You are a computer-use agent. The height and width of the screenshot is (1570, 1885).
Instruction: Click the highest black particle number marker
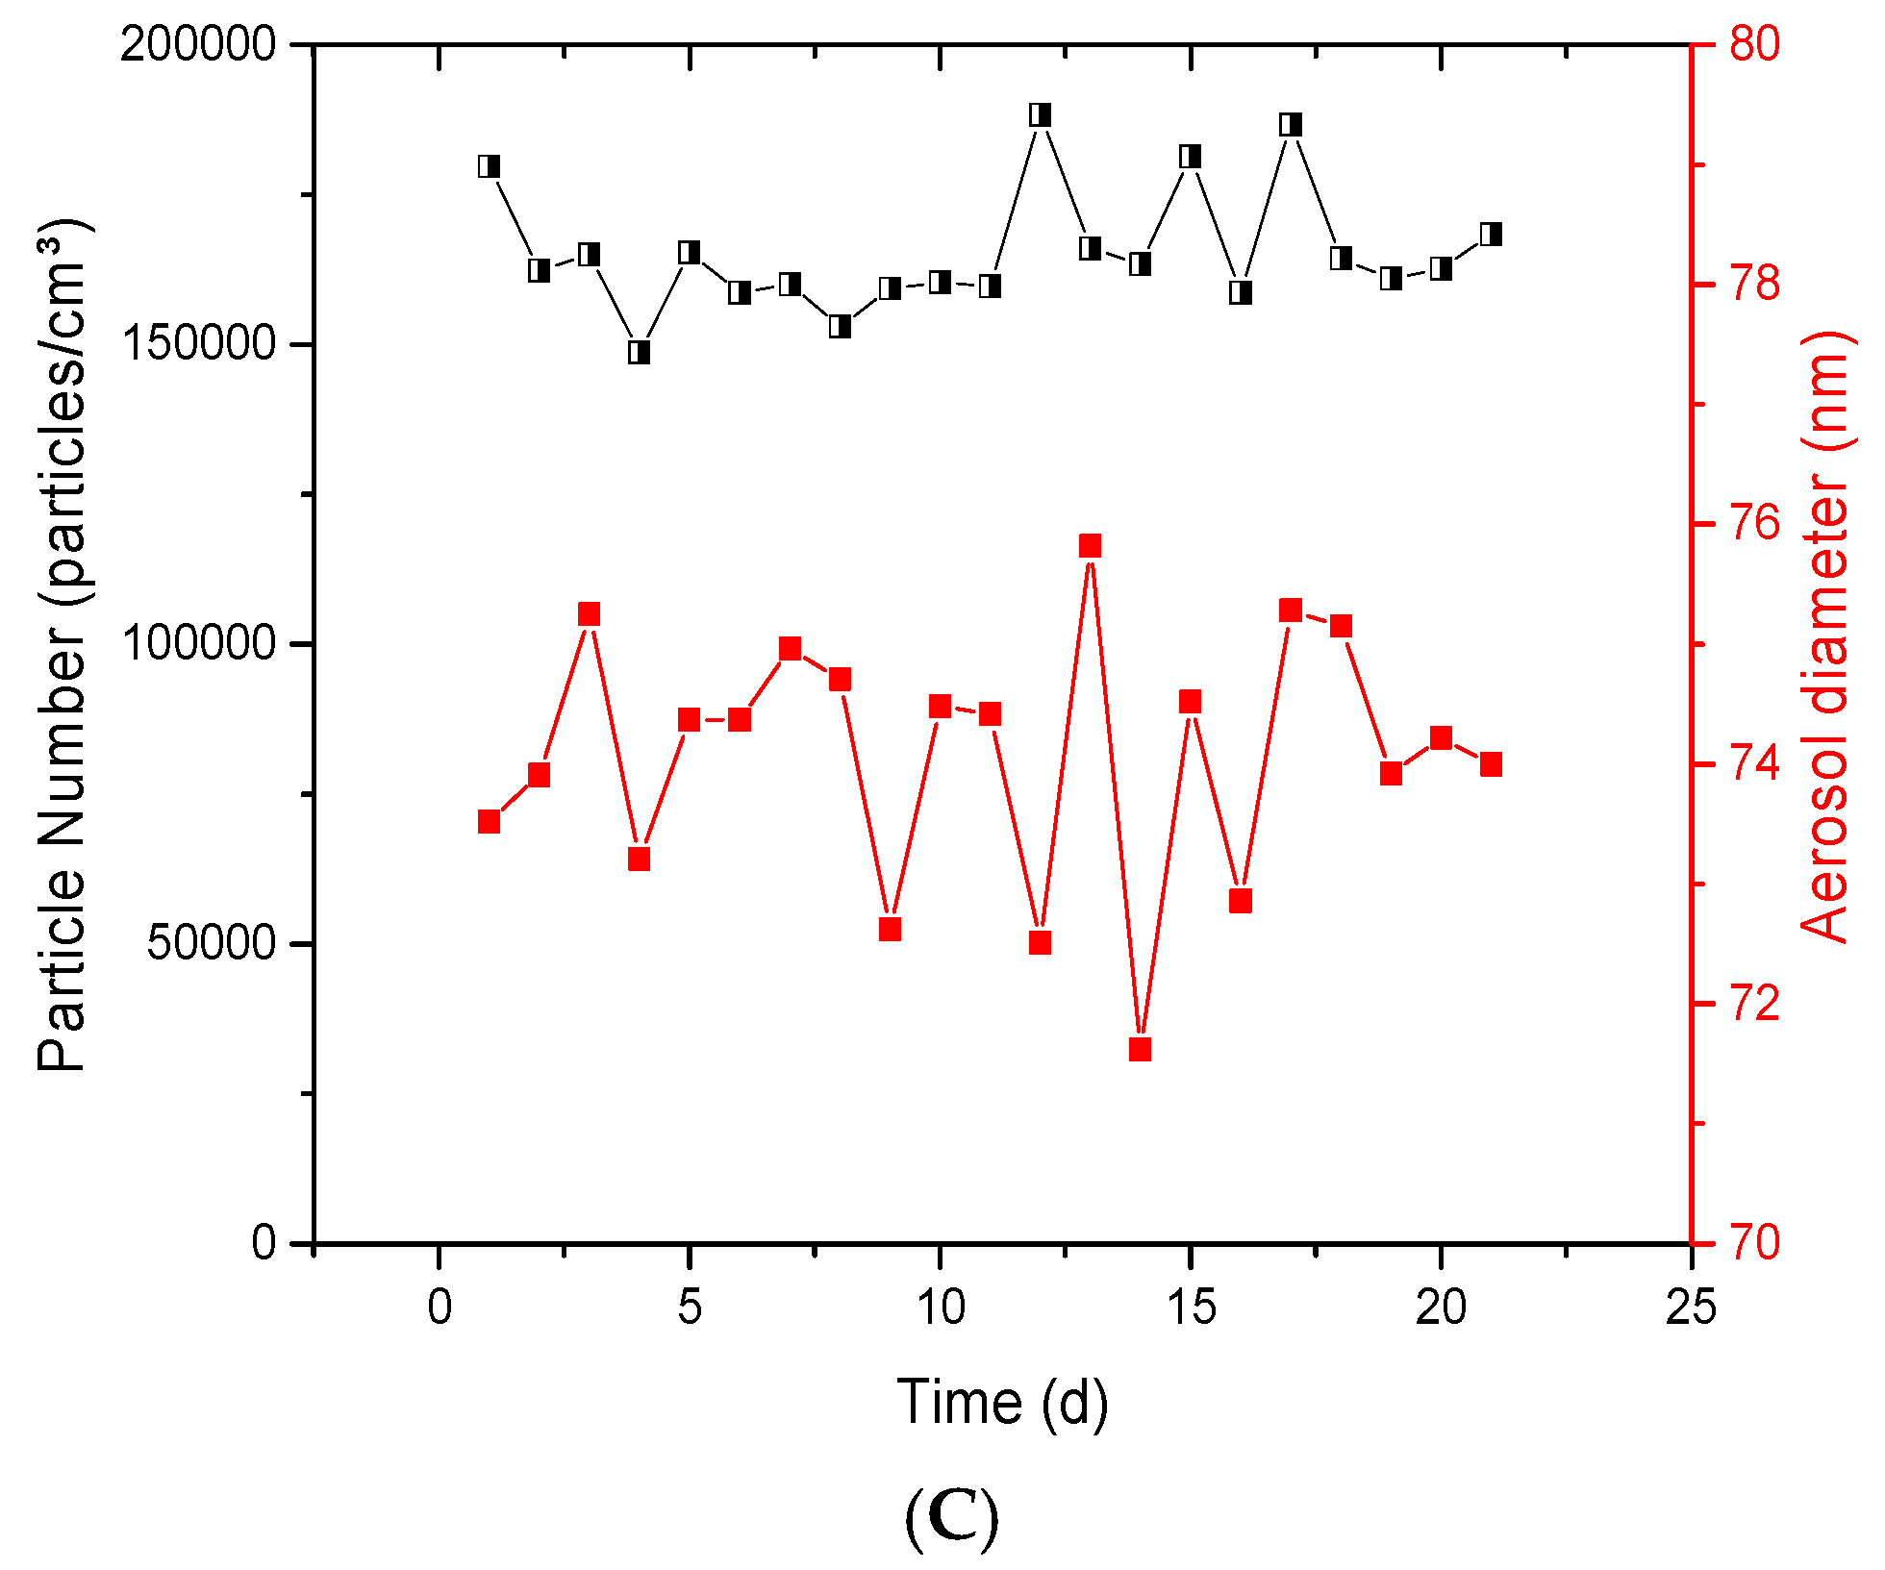[1040, 115]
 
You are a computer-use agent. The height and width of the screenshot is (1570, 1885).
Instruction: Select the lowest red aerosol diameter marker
[1141, 1049]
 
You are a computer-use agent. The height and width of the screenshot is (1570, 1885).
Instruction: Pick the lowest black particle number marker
[639, 352]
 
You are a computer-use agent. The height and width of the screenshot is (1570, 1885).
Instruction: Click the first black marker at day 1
[489, 166]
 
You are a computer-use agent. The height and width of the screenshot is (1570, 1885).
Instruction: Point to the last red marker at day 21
[1491, 765]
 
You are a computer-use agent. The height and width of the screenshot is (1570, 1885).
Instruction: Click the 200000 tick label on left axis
[197, 45]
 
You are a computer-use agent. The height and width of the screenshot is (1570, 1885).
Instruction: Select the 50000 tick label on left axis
[212, 944]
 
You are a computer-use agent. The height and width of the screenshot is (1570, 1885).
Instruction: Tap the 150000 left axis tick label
[197, 345]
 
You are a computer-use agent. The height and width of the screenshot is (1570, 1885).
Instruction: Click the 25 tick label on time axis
[1691, 1308]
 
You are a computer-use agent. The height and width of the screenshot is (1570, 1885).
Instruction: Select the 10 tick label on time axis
[940, 1308]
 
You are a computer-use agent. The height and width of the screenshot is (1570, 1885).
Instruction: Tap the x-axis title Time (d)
[1002, 1402]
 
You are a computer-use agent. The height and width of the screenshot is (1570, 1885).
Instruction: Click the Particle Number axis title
[63, 644]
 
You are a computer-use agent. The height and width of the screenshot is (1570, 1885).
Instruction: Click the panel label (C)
[951, 1517]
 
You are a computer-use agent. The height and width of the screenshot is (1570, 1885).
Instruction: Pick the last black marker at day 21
[1491, 235]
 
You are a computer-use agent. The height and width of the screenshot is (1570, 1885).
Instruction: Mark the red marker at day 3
[589, 615]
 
